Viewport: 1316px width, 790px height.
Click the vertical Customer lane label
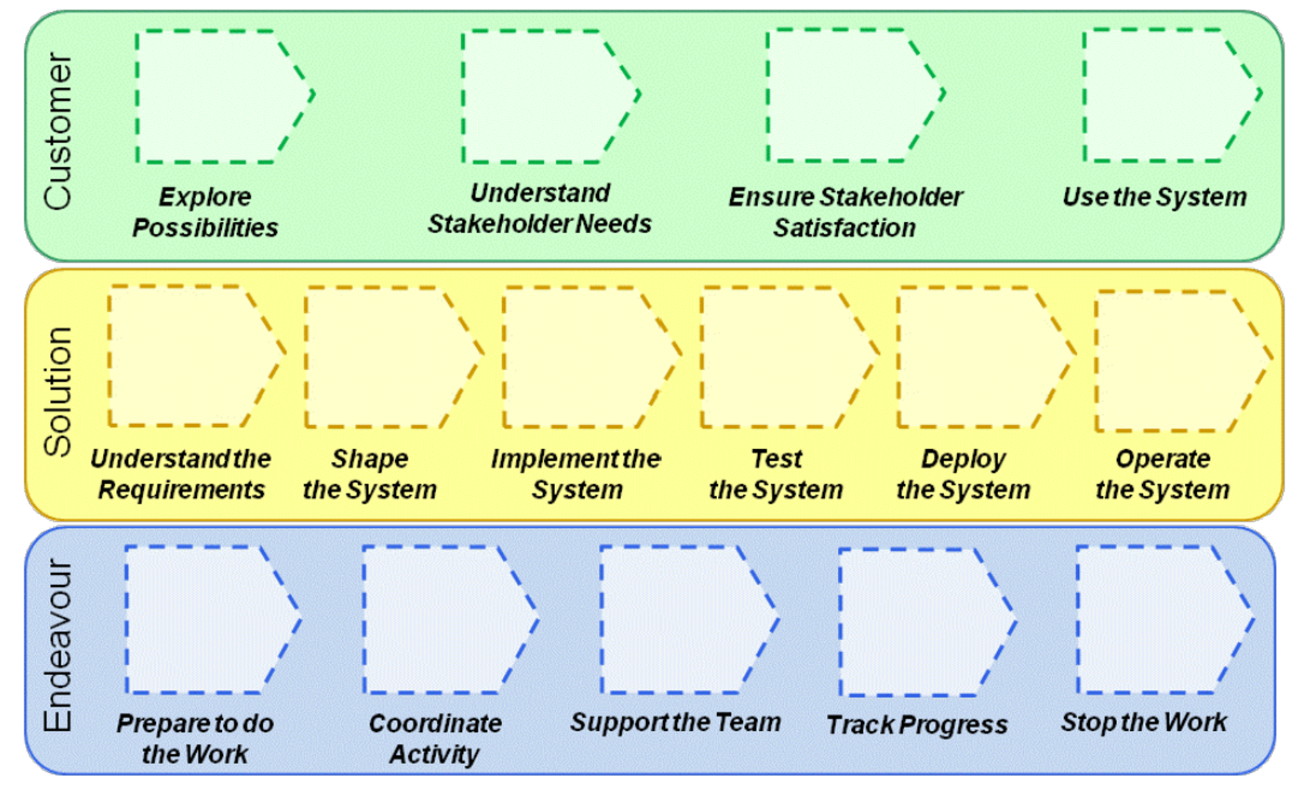[x=57, y=132]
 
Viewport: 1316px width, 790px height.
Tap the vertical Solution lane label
[x=57, y=392]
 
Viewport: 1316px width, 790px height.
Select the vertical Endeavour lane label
[x=57, y=646]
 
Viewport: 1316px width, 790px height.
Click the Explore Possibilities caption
[x=205, y=212]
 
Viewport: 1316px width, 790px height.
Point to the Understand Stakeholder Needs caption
[x=540, y=209]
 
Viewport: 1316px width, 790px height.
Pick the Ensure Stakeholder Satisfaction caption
[x=845, y=212]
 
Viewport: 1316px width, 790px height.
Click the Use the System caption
[x=1155, y=197]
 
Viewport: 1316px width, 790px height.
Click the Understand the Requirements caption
[x=181, y=474]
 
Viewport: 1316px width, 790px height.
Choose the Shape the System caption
[x=369, y=474]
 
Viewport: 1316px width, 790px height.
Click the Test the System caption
[x=776, y=474]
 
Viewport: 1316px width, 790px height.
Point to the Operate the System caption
[x=1162, y=474]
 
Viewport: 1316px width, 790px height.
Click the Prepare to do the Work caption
[x=195, y=739]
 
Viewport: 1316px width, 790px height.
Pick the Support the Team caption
[x=675, y=723]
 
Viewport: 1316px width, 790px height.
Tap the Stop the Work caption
[x=1144, y=723]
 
